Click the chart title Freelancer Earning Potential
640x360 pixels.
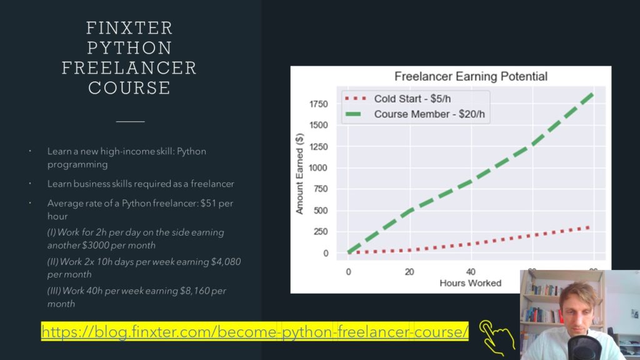[471, 77]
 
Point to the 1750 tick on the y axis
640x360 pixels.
[319, 104]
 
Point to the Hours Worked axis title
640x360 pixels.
[470, 283]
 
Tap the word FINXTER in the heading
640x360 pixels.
[129, 28]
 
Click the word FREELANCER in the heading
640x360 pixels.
[129, 67]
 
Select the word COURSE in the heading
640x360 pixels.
[129, 87]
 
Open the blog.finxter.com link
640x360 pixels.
[255, 331]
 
